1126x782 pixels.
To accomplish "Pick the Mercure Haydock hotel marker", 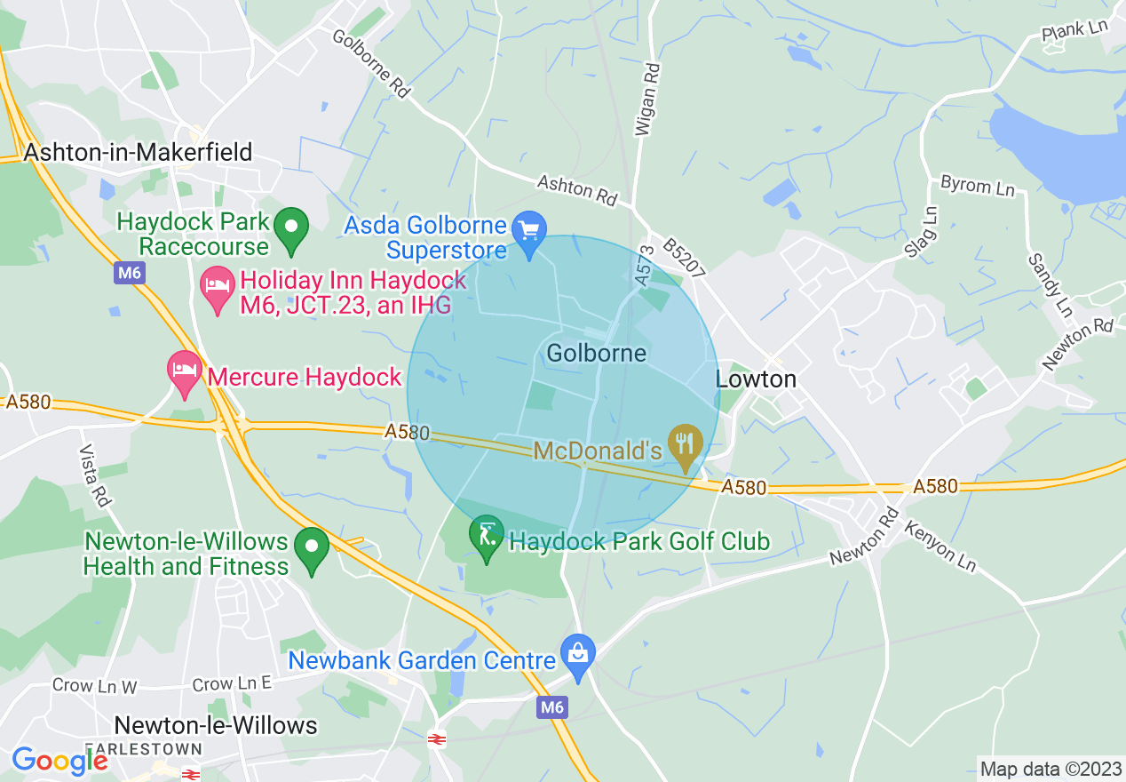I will coord(184,375).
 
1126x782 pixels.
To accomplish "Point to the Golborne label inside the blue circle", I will coord(596,353).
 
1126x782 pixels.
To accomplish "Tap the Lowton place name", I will coord(756,379).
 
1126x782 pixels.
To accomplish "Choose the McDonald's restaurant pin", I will coord(685,449).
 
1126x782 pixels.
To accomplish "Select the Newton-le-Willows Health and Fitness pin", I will coord(312,551).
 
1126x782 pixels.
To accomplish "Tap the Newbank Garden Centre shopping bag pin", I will coord(578,658).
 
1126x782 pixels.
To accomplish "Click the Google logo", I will coord(59,760).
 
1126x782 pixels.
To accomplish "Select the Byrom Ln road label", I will coord(977,186).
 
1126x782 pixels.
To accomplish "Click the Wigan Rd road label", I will coord(647,99).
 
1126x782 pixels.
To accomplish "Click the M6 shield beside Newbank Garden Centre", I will coord(551,707).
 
